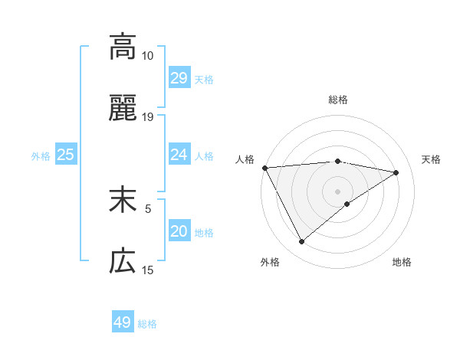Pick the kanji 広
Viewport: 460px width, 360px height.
coord(123,262)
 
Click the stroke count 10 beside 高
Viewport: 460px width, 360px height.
coord(147,56)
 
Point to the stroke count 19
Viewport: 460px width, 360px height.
coord(147,118)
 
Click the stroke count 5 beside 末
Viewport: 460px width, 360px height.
coord(148,208)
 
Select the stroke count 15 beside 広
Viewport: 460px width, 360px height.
coord(147,270)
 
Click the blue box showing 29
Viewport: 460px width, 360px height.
coord(179,78)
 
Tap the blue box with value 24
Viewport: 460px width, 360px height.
coord(179,155)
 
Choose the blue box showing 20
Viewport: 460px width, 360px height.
coord(179,231)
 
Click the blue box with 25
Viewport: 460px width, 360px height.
coord(66,155)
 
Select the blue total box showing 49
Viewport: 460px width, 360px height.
coord(123,322)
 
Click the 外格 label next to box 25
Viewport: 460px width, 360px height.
coord(41,155)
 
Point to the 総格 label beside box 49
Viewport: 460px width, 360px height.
coord(147,324)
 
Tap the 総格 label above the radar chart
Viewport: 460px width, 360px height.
coord(337,100)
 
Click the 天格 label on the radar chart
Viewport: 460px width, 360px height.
coord(431,159)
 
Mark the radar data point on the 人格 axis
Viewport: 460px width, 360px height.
coord(264,168)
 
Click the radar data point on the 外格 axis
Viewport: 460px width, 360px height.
coord(301,242)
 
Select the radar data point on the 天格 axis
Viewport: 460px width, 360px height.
coord(396,172)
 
